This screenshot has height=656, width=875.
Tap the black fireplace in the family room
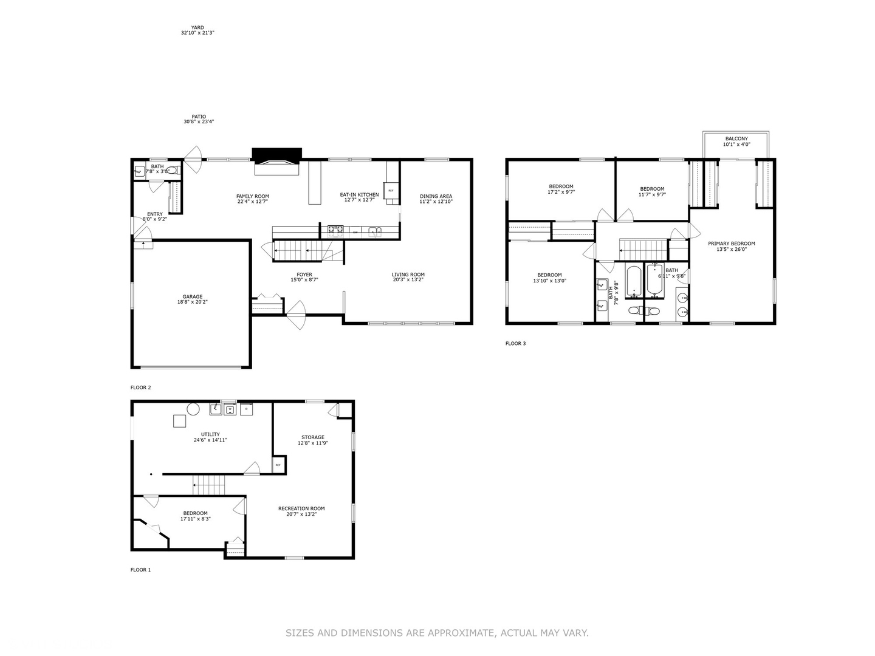[276, 155]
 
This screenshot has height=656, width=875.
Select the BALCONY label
[736, 138]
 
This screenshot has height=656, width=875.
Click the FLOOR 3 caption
[515, 344]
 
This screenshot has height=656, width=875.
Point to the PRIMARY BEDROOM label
[731, 244]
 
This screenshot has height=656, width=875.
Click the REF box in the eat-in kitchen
[391, 190]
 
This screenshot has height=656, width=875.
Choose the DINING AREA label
[436, 196]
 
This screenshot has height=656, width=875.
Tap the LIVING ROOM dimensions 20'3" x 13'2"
[408, 280]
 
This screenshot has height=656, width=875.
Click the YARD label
[197, 27]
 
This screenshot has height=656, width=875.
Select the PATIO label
[199, 117]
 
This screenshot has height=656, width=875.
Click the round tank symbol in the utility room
[193, 409]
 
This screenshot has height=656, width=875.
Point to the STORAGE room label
[313, 437]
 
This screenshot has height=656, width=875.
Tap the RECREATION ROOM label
[301, 508]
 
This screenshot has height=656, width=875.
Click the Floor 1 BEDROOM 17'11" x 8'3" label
[195, 513]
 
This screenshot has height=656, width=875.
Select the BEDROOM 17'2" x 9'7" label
[561, 186]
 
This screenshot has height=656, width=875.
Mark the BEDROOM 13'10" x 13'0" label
[549, 275]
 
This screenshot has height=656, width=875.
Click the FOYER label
[304, 275]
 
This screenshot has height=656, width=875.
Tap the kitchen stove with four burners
[335, 230]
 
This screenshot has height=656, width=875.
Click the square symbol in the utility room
[179, 420]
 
